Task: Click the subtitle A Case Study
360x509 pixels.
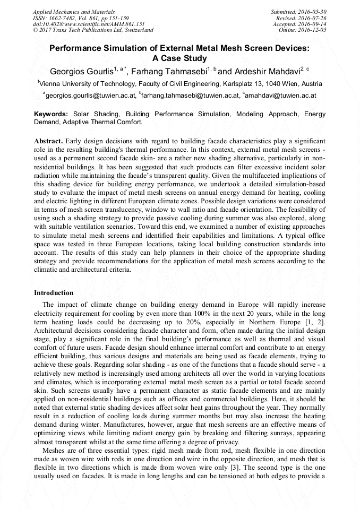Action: [x=179, y=58]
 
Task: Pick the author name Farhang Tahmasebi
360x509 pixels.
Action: [x=173, y=71]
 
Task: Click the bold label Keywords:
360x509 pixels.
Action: [x=51, y=114]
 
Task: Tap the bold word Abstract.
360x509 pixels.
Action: [x=48, y=141]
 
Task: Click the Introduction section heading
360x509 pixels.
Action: [x=54, y=292]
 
